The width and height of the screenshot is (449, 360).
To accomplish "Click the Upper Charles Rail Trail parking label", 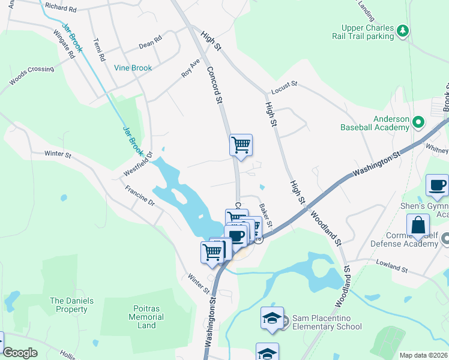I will click(367, 32).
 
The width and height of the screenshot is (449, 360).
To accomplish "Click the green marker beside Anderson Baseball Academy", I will click(418, 124).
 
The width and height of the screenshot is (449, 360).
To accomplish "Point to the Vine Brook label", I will click(133, 68).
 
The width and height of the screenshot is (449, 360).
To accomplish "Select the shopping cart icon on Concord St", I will click(241, 145).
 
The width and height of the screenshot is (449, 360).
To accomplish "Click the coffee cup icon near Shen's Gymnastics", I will click(436, 185).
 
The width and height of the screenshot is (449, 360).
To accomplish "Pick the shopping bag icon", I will click(417, 226).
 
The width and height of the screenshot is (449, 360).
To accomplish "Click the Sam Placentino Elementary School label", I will click(327, 322).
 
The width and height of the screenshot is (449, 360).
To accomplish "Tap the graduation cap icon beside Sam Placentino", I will click(272, 317).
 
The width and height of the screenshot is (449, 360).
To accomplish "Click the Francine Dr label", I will click(140, 196).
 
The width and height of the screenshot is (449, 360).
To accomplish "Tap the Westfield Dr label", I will click(136, 163).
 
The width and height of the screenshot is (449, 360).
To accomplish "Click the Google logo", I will click(20, 353).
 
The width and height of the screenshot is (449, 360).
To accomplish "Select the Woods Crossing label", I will click(32, 74).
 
